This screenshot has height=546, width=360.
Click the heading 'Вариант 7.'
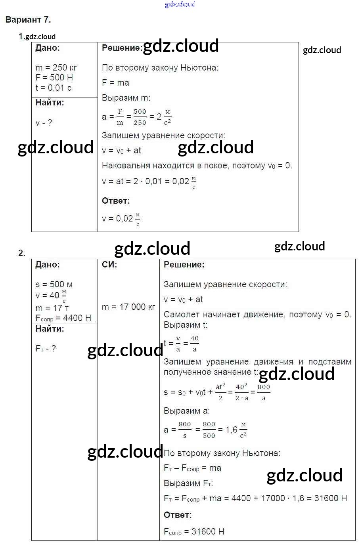28,19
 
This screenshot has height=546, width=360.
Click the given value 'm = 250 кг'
56,68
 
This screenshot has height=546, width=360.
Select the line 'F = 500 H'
54,78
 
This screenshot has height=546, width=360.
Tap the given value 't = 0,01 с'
54,88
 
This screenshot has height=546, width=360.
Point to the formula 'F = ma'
115,83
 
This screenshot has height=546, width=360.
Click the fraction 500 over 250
140,117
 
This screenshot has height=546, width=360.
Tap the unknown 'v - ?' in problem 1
44,123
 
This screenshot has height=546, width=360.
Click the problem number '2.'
22,253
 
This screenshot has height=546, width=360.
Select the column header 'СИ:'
109,265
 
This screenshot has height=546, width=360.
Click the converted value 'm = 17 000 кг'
128,307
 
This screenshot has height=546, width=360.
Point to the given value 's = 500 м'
54,284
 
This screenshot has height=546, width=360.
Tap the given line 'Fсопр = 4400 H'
63,318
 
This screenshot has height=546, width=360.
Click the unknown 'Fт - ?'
46,348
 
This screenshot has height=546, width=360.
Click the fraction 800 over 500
209,430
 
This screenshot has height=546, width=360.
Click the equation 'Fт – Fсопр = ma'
192,468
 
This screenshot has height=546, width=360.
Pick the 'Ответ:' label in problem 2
178,515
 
